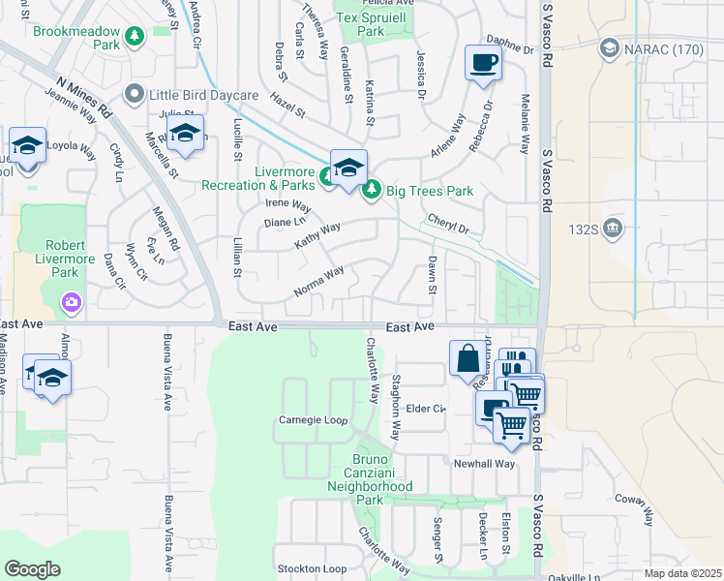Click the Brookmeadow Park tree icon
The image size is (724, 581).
pos(136,36)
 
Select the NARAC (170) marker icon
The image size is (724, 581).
pos(610,47)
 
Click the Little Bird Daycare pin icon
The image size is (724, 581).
pos(135,95)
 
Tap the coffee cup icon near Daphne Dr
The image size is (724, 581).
pos(483,64)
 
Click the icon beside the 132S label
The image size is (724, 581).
pos(613,229)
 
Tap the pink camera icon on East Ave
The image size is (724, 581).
pos(71,305)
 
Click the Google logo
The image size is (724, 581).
pos(32,569)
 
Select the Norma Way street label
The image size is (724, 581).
pos(319,282)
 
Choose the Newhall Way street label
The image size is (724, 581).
pos(485,464)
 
